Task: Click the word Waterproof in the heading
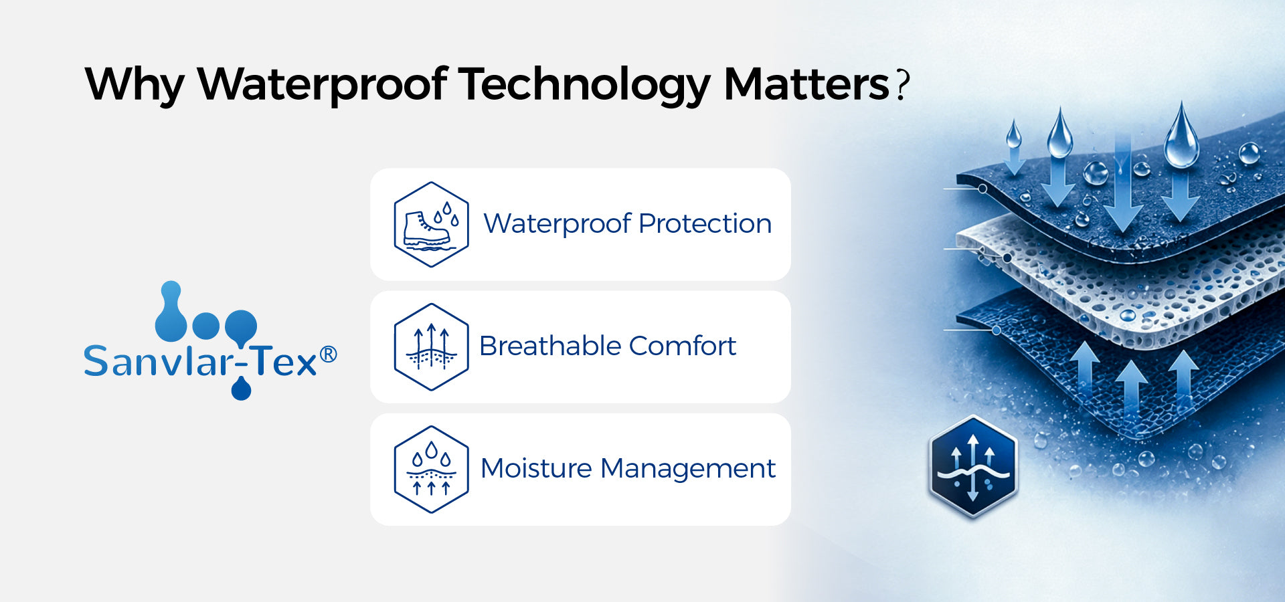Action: click(322, 85)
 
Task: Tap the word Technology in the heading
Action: click(584, 86)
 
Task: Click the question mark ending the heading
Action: click(903, 85)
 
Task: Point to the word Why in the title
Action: click(134, 85)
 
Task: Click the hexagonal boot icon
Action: click(431, 225)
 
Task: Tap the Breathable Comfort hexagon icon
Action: click(431, 347)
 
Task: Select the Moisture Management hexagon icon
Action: click(431, 470)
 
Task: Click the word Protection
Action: click(705, 223)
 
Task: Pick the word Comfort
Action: click(683, 346)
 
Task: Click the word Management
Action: click(688, 469)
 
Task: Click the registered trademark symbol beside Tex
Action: click(328, 355)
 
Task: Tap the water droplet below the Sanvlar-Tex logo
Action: click(241, 389)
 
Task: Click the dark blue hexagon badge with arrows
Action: click(973, 467)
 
